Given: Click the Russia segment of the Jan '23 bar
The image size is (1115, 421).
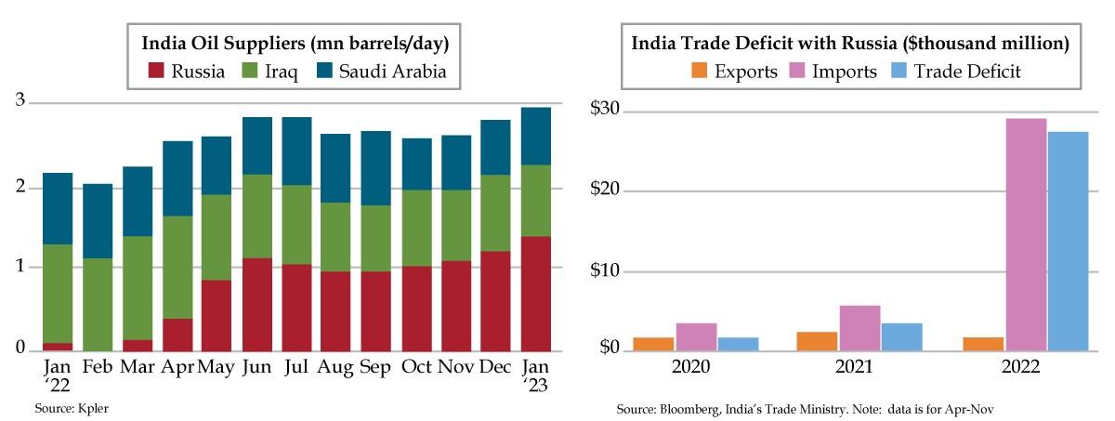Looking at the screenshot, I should click(x=535, y=294).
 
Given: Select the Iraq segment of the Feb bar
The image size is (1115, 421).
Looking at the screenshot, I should click(x=98, y=304).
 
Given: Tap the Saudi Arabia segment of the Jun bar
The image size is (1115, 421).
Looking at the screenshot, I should click(x=256, y=146).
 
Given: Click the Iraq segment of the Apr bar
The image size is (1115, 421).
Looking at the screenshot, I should click(x=177, y=268).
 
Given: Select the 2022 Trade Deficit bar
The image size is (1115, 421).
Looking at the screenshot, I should click(x=1068, y=241).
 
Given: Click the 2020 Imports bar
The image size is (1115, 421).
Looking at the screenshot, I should click(x=696, y=336).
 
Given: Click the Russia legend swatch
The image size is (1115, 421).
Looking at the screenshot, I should click(x=156, y=71).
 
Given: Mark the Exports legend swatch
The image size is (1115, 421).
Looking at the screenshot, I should click(x=699, y=71).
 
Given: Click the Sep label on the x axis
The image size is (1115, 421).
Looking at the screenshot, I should click(x=375, y=367).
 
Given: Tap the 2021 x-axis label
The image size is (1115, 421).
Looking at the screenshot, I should click(x=852, y=367).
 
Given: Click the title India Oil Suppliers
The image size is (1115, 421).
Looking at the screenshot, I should click(x=295, y=43).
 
